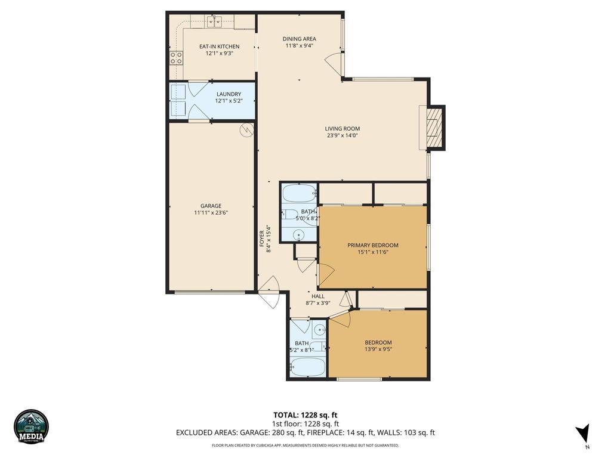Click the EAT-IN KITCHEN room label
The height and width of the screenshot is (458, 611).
[x=219, y=47]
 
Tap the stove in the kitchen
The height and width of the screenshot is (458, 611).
[x=176, y=57]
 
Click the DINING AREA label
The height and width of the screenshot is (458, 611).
[x=299, y=39]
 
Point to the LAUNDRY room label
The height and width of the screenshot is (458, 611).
[x=229, y=94]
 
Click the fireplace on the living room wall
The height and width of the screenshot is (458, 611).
[x=434, y=128]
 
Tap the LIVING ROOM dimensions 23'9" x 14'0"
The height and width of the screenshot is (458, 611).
[x=342, y=135]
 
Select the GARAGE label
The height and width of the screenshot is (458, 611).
[x=211, y=206]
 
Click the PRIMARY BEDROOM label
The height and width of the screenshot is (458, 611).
[x=373, y=245]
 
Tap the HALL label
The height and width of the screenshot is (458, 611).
[x=317, y=296]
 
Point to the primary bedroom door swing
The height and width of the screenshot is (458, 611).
[x=326, y=273]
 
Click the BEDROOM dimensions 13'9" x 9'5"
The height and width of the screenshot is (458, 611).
[x=378, y=350]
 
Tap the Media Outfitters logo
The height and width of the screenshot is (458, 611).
[x=31, y=426]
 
